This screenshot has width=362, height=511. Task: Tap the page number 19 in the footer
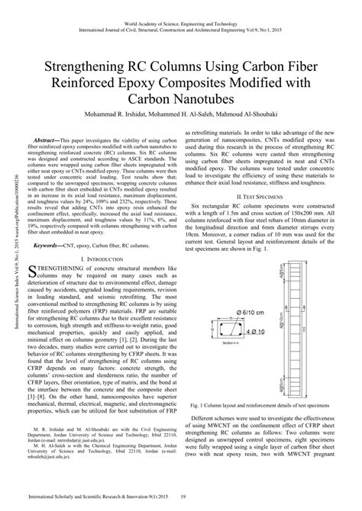pyautogui.click(x=182, y=498)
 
